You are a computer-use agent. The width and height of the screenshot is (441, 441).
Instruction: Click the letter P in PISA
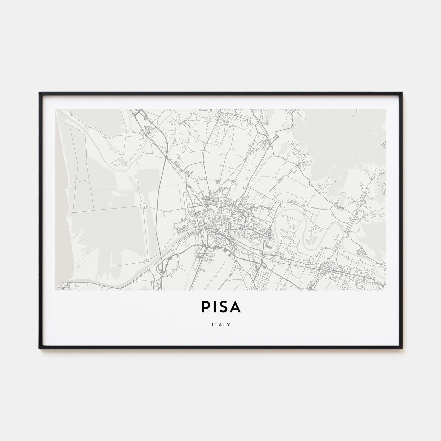[205, 308]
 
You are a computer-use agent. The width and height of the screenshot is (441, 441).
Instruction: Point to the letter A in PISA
[236, 308]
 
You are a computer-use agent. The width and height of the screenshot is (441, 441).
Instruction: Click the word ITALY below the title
[220, 324]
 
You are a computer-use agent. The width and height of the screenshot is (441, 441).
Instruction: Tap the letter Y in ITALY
[228, 324]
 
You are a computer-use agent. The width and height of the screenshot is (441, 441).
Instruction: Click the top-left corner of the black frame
[39, 93]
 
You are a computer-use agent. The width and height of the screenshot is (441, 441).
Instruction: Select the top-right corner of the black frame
[402, 93]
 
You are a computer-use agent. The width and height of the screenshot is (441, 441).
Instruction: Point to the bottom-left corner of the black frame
[39, 348]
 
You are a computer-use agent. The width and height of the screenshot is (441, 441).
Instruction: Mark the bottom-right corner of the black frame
[402, 348]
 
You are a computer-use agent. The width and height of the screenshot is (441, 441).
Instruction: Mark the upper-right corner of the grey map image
[386, 109]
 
